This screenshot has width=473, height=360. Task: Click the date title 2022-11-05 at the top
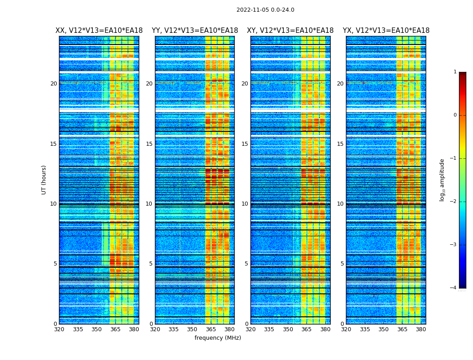pyautogui.click(x=265, y=10)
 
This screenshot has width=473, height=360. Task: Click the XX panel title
pyautogui.click(x=99, y=31)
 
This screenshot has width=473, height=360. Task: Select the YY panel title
pyautogui.click(x=195, y=31)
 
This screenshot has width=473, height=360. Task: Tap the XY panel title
pyautogui.click(x=290, y=31)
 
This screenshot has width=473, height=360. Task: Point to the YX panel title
pyautogui.click(x=386, y=31)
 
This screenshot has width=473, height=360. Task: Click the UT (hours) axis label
pyautogui.click(x=44, y=180)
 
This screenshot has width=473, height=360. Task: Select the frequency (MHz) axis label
pyautogui.click(x=218, y=338)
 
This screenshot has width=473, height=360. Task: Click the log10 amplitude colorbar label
pyautogui.click(x=442, y=180)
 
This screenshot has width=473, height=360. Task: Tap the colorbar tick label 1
pyautogui.click(x=455, y=72)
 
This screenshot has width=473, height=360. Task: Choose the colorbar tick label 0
pyautogui.click(x=455, y=115)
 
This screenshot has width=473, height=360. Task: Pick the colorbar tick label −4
pyautogui.click(x=454, y=288)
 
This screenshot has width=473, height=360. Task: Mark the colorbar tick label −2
pyautogui.click(x=454, y=202)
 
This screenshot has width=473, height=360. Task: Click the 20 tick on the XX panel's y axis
pyautogui.click(x=54, y=84)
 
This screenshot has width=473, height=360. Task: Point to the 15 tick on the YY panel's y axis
pyautogui.click(x=149, y=144)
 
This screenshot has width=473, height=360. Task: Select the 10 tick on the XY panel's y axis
pyautogui.click(x=245, y=204)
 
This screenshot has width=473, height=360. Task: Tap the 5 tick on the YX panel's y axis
pyautogui.click(x=342, y=264)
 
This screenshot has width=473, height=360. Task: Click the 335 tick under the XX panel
pyautogui.click(x=78, y=329)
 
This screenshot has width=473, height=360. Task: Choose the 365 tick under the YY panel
pyautogui.click(x=211, y=329)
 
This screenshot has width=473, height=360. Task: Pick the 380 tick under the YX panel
pyautogui.click(x=421, y=329)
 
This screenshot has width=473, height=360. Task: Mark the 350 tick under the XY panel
pyautogui.click(x=288, y=329)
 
